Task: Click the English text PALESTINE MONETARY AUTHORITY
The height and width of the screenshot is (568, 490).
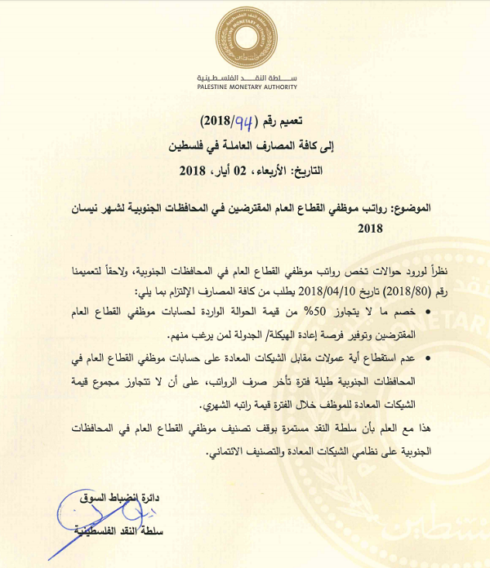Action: [247, 87]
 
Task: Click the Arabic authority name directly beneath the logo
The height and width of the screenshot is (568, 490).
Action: [247, 76]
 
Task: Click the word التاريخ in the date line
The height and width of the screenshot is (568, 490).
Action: [301, 172]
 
